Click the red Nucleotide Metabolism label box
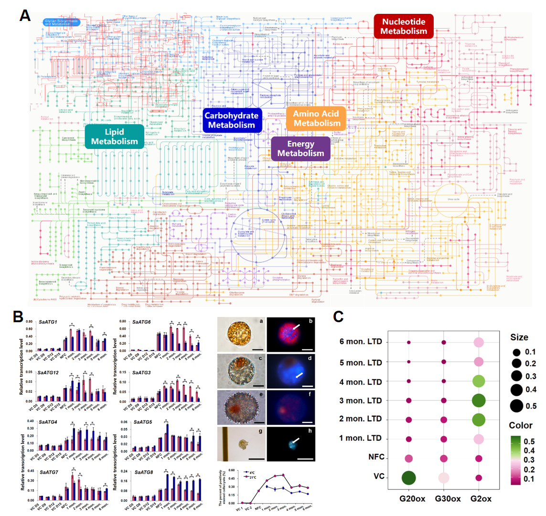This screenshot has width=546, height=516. point(404,26)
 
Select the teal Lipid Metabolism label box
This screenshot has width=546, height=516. point(114,137)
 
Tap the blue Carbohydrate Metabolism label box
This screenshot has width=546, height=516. point(232,120)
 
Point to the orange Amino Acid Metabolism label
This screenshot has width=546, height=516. point(316,118)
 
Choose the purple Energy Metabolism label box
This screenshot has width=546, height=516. point(300,149)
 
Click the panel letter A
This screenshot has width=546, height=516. point(25,15)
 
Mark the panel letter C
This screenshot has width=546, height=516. point(338,316)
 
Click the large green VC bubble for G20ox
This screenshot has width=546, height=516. point(409,477)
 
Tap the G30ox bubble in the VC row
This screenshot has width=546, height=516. point(444,477)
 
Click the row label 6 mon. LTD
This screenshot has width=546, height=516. point(361,343)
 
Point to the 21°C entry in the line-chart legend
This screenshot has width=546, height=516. point(249,477)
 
